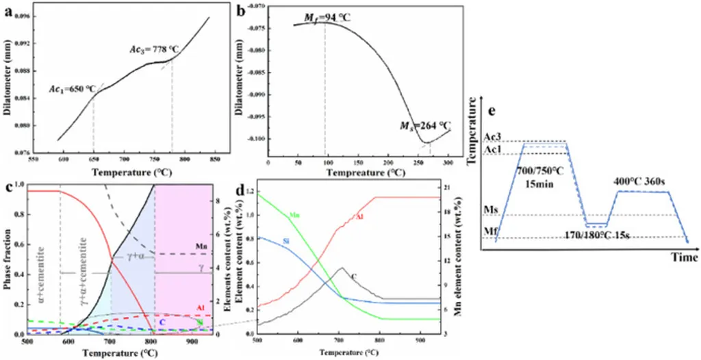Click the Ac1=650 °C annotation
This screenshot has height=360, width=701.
72,90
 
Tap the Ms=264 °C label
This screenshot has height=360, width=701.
426,125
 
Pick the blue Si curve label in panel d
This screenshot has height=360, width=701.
287,243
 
